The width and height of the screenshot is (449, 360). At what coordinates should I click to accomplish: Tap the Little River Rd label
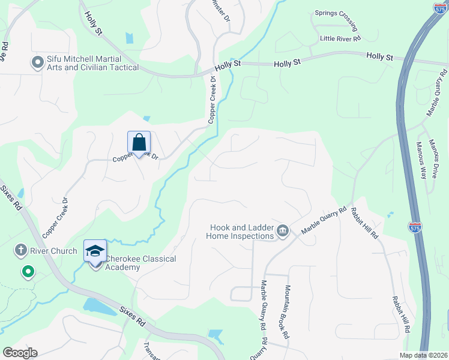340,38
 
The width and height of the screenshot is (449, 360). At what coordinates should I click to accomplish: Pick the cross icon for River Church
20,251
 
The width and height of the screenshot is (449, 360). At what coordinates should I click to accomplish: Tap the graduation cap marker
95,251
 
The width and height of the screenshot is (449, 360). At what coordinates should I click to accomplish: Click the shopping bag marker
139,143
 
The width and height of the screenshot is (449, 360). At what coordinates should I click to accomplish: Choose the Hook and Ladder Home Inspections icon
283,230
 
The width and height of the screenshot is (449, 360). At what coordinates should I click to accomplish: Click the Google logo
20,352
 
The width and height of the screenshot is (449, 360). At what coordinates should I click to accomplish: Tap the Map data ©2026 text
423,355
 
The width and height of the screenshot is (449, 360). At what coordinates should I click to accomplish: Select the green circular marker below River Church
28,272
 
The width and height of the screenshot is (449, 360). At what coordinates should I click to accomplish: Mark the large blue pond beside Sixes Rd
100,306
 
